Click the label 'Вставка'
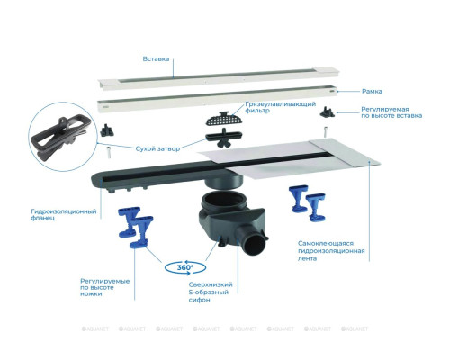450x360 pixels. [x=156, y=59]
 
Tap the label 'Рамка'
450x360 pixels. [x=372, y=91]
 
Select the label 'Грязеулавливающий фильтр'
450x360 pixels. [x=281, y=107]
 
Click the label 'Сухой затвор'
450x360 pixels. [x=157, y=148]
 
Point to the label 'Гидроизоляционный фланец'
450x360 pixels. [x=64, y=215]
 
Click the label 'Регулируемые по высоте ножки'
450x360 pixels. [x=105, y=287]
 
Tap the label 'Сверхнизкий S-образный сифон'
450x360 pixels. [x=211, y=292]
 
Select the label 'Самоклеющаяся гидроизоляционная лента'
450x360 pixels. [x=331, y=251]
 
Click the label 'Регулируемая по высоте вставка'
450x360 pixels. [x=391, y=112]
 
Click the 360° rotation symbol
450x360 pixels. [x=185, y=267]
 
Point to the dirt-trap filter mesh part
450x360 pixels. [x=224, y=119]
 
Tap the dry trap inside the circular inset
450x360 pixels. [x=64, y=137]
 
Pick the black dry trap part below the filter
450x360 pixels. [x=224, y=139]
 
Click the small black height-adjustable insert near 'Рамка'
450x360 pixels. [x=327, y=112]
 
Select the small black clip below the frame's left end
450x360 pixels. [x=107, y=130]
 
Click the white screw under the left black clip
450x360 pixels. [x=109, y=153]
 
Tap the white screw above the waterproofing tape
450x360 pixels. [x=325, y=132]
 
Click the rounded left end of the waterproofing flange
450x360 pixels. [x=97, y=179]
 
